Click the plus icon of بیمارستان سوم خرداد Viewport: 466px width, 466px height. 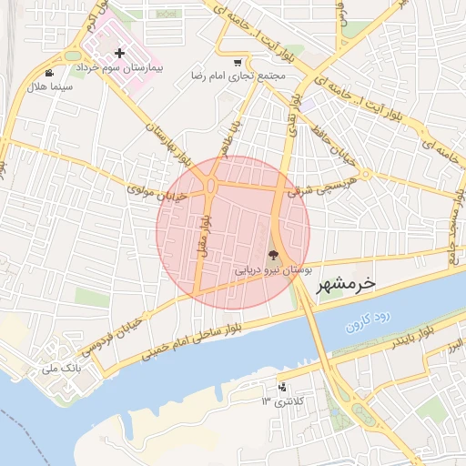[x=119, y=54]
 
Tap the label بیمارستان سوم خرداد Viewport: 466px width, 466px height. [x=119, y=68]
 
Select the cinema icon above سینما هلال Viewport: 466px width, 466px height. [x=48, y=73]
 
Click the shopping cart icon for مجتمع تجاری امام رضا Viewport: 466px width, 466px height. [x=238, y=63]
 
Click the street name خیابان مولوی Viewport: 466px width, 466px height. [x=157, y=193]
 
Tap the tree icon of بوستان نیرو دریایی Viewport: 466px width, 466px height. [x=274, y=257]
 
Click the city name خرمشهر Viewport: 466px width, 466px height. [x=345, y=284]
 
